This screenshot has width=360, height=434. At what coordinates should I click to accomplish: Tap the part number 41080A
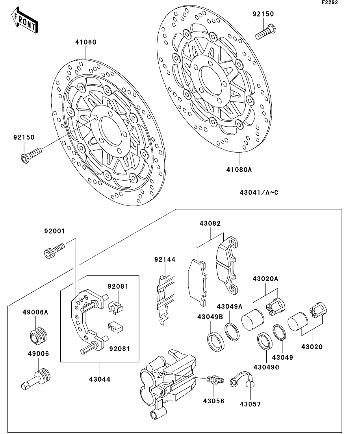239,170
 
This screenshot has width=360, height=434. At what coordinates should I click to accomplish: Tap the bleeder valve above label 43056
214,380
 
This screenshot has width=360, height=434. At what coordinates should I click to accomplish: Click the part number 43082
210,223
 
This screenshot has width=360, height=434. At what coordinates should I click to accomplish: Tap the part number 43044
100,379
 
